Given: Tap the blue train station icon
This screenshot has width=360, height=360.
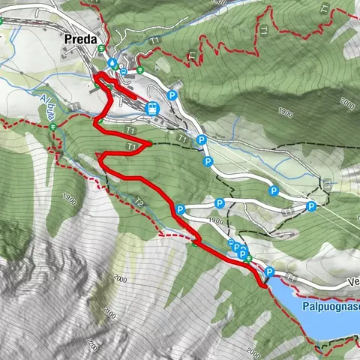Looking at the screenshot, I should [153, 108].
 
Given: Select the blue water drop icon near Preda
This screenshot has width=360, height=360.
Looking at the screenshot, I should [112, 63].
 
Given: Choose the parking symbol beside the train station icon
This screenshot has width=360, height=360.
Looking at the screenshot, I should [172, 95].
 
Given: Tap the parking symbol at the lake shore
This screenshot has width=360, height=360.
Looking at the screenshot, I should [270, 272].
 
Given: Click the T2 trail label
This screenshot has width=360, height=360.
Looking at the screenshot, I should [139, 200].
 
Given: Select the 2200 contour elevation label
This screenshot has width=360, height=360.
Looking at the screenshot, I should [93, 345].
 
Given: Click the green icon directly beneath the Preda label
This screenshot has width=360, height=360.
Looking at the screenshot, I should [101, 49].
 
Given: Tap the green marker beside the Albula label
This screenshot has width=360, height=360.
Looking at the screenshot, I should [54, 128].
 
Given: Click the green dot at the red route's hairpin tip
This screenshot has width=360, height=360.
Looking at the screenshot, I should [150, 143].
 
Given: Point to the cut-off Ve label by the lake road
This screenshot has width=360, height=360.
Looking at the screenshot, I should [353, 283].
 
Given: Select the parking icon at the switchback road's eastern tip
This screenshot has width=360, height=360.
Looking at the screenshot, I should [310, 206].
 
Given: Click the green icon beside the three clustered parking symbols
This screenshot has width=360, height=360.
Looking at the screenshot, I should [250, 259].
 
